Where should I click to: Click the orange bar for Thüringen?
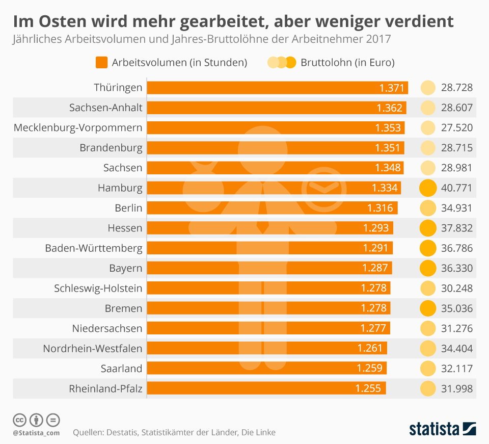point(277,88)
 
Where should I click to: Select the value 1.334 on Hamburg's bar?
point(385,188)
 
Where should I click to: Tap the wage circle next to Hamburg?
point(427,188)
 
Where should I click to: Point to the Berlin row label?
point(128,208)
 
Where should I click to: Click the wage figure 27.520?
point(456,127)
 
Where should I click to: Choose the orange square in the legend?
point(102,62)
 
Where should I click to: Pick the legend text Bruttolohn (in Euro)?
point(347,62)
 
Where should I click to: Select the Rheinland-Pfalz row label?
point(105,389)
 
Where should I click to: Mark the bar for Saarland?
point(266,368)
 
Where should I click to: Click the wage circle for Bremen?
point(427,308)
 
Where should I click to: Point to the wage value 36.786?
point(456,248)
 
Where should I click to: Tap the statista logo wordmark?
point(434,429)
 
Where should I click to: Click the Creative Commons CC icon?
point(19,420)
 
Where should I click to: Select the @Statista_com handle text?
point(36,433)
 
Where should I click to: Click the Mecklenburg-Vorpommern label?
point(78,127)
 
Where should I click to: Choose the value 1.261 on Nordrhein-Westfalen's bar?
point(370,348)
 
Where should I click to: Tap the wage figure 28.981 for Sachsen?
point(456,168)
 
